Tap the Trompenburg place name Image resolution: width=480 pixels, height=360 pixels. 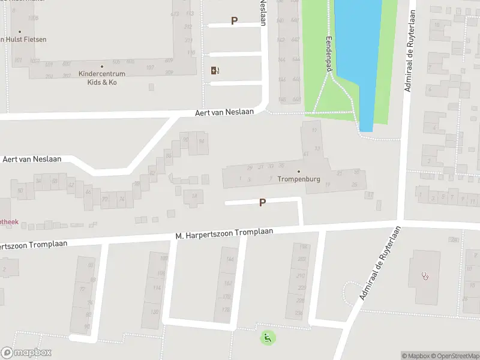[299, 179]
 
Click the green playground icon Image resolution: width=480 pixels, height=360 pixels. [266, 338]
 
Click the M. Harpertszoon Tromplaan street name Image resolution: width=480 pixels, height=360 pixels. [224, 233]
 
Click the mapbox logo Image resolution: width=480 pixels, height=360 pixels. [26, 353]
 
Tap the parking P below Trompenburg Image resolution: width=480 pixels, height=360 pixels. [262, 203]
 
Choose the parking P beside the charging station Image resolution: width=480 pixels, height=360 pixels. [234, 20]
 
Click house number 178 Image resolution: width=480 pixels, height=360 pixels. [226, 310]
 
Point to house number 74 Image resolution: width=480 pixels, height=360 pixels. [122, 199]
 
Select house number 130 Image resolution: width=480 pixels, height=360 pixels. [154, 312]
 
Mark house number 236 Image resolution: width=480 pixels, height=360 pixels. [299, 313]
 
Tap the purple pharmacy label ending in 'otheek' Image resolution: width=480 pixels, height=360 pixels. [9, 221]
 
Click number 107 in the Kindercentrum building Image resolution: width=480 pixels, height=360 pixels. [150, 67]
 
